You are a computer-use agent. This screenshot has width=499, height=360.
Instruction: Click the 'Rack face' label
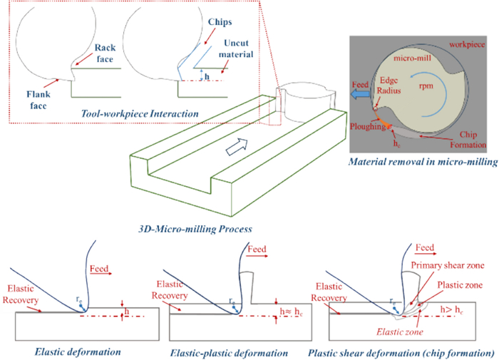point(105,52)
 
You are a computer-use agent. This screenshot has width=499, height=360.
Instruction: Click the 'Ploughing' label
point(369,125)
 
